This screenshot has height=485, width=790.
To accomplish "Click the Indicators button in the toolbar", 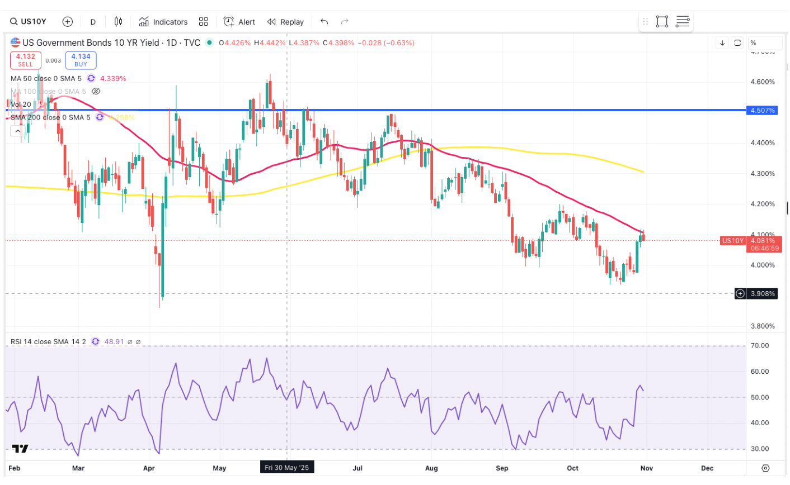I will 163,22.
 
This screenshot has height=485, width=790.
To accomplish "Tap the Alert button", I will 239,22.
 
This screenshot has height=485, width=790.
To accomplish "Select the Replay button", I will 285,22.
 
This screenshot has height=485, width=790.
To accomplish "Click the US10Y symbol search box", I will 29,22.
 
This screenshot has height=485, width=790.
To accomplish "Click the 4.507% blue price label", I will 763,111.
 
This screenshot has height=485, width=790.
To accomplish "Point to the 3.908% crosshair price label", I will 763,293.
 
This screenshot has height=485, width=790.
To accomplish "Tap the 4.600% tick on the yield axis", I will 763,82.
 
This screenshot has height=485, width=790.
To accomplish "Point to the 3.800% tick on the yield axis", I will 763,326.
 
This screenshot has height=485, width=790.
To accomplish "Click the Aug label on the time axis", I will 431,468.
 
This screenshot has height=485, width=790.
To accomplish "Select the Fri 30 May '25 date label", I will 286,468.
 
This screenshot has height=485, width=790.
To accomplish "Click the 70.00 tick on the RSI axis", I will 759,346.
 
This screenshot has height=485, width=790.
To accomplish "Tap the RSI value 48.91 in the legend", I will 114,341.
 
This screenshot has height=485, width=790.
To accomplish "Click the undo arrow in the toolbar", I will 324,22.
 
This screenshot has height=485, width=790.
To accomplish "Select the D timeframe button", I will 93,22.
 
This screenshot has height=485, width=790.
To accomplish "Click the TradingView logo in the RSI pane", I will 20,448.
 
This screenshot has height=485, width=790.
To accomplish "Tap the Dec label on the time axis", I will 707,468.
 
